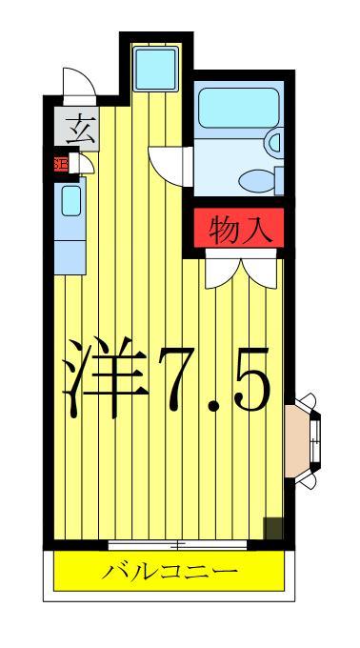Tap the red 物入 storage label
[x=234, y=230]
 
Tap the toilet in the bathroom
[x=258, y=179]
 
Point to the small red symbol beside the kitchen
[x=60, y=163]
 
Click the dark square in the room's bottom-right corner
[x=273, y=527]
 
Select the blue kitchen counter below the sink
[x=70, y=250]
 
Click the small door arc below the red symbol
[x=83, y=166]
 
